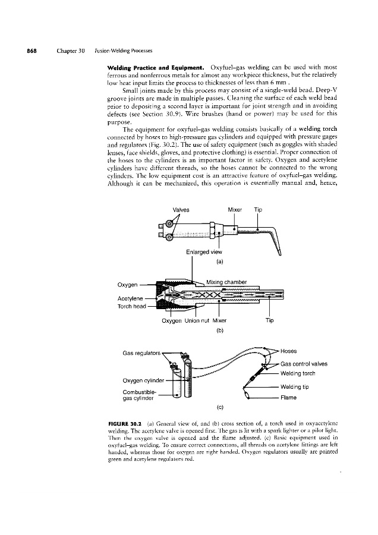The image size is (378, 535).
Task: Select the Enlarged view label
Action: [203, 252]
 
